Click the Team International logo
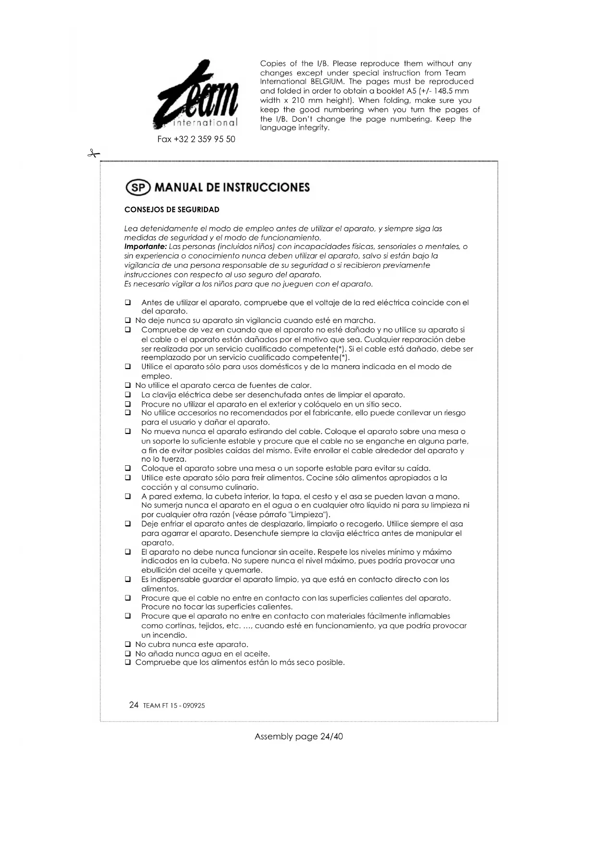(x=196, y=95)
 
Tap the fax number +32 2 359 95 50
(x=196, y=139)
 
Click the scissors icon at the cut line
(x=93, y=154)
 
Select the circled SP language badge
(x=138, y=187)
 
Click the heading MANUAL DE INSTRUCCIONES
(x=232, y=187)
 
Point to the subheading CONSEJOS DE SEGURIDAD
(x=172, y=210)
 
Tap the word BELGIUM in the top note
(x=327, y=82)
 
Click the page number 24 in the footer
(x=134, y=705)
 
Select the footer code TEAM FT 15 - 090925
(x=174, y=706)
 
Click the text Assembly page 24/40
(x=299, y=736)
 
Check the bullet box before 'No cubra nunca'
(x=128, y=645)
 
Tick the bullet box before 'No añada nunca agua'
(x=128, y=654)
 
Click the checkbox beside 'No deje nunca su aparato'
(x=128, y=321)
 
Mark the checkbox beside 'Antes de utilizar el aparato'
(x=128, y=303)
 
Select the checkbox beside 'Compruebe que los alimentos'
(x=128, y=663)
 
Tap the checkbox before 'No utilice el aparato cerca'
(x=128, y=385)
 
